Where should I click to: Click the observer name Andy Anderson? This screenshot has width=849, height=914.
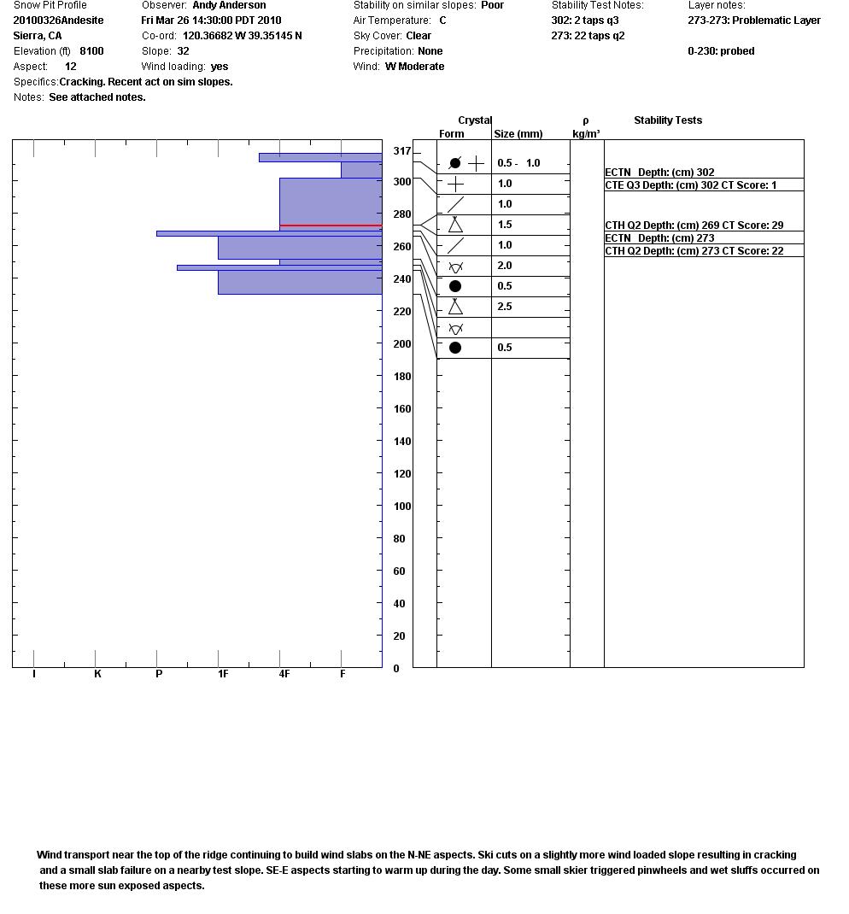coord(229,5)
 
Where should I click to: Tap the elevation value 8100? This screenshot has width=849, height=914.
coord(91,51)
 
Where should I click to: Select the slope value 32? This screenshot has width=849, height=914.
coord(183,51)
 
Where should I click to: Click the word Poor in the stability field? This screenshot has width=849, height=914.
coord(492,5)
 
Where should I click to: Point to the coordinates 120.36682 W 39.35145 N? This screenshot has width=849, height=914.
coord(242,36)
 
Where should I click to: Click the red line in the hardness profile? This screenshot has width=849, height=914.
coord(331,226)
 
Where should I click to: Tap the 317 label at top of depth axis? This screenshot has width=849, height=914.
coord(401,151)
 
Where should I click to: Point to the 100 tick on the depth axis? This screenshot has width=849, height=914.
coord(399,507)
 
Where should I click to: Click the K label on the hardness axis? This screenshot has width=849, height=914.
coord(97,674)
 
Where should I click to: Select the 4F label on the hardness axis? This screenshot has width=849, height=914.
coord(284,674)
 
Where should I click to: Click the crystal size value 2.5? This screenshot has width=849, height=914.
coord(505,307)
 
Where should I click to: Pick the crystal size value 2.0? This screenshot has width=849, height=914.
coord(505,266)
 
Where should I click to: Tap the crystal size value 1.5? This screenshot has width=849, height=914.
coord(505,225)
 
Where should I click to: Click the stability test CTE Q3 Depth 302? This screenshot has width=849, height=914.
coord(690,185)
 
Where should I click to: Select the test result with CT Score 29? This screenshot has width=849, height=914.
coord(694,226)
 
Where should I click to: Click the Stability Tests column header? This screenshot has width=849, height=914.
coord(668,120)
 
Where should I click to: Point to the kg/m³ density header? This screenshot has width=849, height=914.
coord(586,134)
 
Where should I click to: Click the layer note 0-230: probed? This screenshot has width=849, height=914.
coord(721,51)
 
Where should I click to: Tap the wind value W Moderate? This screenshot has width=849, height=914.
coord(414,67)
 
